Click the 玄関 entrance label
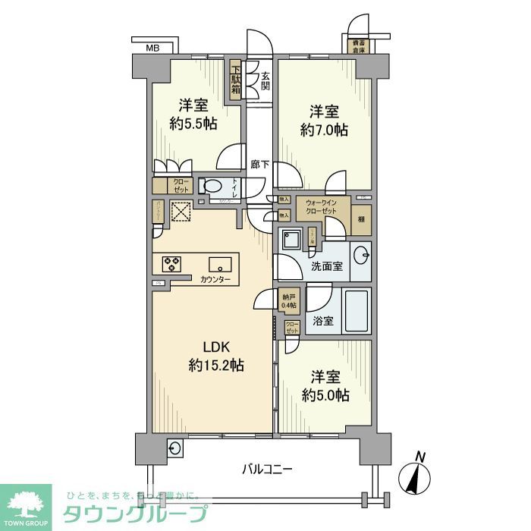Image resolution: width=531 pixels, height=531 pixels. click(x=265, y=80)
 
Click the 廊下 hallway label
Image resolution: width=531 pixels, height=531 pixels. click(x=258, y=163)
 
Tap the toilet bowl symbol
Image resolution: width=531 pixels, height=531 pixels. click(x=212, y=187)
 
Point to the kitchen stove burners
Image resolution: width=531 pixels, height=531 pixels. click(x=172, y=264)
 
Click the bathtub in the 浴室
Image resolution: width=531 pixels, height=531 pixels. click(x=357, y=310)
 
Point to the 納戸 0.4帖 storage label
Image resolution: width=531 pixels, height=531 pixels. click(x=288, y=301)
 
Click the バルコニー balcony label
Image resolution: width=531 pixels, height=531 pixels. click(x=267, y=468)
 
